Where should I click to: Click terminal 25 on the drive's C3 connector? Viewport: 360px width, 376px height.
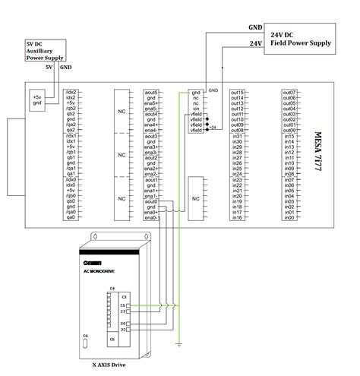point(122,305)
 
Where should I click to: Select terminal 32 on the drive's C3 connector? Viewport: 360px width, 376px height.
point(122,330)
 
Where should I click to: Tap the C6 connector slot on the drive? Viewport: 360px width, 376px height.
point(85,344)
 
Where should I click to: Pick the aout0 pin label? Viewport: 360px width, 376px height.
point(150,201)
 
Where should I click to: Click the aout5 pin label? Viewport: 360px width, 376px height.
point(150,92)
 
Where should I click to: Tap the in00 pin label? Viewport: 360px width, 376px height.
point(289,218)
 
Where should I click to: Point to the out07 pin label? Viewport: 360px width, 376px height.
point(289,92)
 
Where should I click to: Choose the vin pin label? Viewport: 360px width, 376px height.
point(196,109)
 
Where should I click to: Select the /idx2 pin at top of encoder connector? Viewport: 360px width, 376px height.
point(71,92)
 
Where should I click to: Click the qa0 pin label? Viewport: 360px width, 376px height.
point(71,218)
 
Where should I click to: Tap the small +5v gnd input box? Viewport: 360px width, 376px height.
point(36,100)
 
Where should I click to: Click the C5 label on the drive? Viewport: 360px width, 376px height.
point(112,339)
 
